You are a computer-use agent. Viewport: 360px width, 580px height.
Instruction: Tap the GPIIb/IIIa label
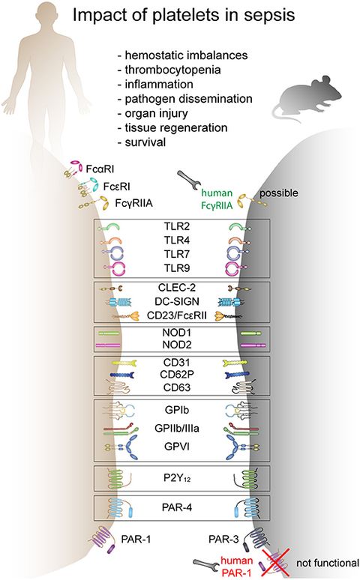pyautogui.click(x=180, y=428)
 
